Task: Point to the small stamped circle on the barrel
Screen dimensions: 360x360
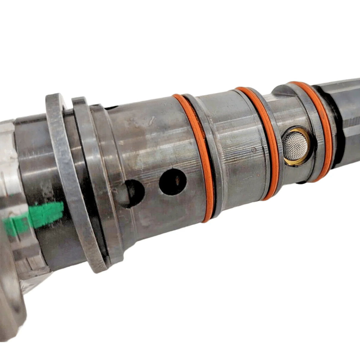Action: pos(254,148)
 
